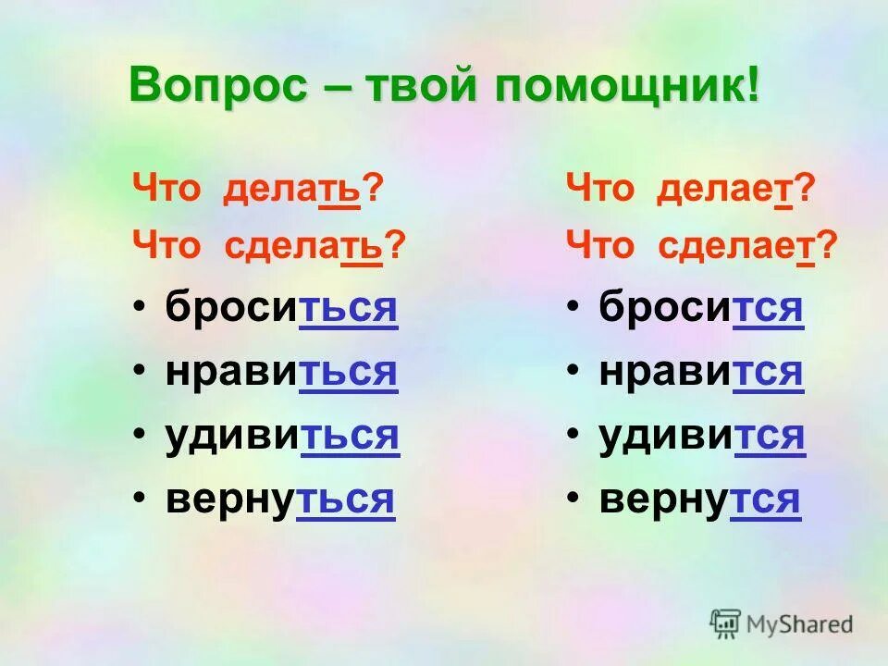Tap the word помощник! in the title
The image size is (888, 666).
[629, 85]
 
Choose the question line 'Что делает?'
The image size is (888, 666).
[690, 191]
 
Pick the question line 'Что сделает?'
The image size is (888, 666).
[701, 246]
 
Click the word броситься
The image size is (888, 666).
[282, 308]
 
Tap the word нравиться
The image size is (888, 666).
[282, 371]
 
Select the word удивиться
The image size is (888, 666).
[282, 435]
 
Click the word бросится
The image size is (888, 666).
[701, 308]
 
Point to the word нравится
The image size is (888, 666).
[701, 371]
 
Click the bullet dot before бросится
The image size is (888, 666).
[573, 308]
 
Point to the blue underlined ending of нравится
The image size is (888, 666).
[769, 371]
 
